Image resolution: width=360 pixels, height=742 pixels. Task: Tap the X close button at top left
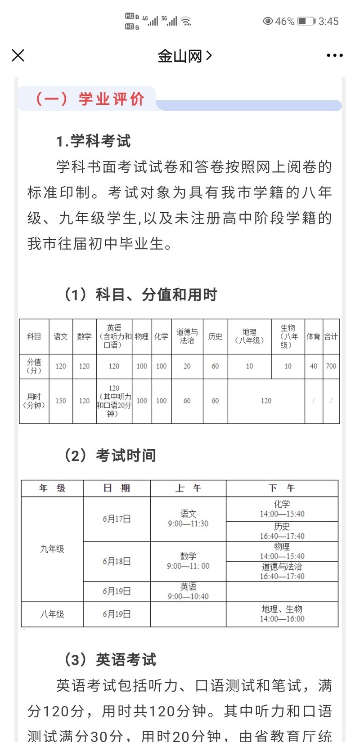tap(18, 55)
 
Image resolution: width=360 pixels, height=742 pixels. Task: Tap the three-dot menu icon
tap(334, 55)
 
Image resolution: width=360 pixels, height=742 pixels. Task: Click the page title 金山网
tap(180, 56)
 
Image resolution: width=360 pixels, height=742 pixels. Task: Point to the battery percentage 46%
tap(284, 21)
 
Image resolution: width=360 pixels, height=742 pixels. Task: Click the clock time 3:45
tap(328, 21)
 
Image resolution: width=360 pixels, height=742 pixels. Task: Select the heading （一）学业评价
tap(90, 98)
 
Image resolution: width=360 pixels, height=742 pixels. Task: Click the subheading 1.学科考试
tap(93, 141)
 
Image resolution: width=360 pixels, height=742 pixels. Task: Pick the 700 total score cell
tap(331, 366)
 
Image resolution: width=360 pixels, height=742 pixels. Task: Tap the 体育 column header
tap(313, 336)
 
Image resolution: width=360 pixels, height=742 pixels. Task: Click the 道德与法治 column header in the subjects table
tap(187, 336)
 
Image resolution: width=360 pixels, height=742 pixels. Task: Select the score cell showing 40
tap(313, 366)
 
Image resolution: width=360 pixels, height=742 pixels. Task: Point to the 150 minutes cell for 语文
tap(61, 401)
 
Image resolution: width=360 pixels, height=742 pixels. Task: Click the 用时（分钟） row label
tap(34, 401)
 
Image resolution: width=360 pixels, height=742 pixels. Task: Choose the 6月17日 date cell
tap(117, 519)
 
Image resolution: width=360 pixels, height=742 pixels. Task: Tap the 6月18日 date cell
tap(117, 561)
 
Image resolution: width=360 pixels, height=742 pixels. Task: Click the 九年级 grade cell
tap(52, 549)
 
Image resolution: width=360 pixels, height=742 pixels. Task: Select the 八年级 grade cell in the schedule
tap(52, 614)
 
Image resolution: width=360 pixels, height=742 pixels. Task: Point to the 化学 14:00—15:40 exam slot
tap(282, 509)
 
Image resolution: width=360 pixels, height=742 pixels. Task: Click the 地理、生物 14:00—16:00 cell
tap(282, 614)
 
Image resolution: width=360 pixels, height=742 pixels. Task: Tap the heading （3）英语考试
tap(111, 660)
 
